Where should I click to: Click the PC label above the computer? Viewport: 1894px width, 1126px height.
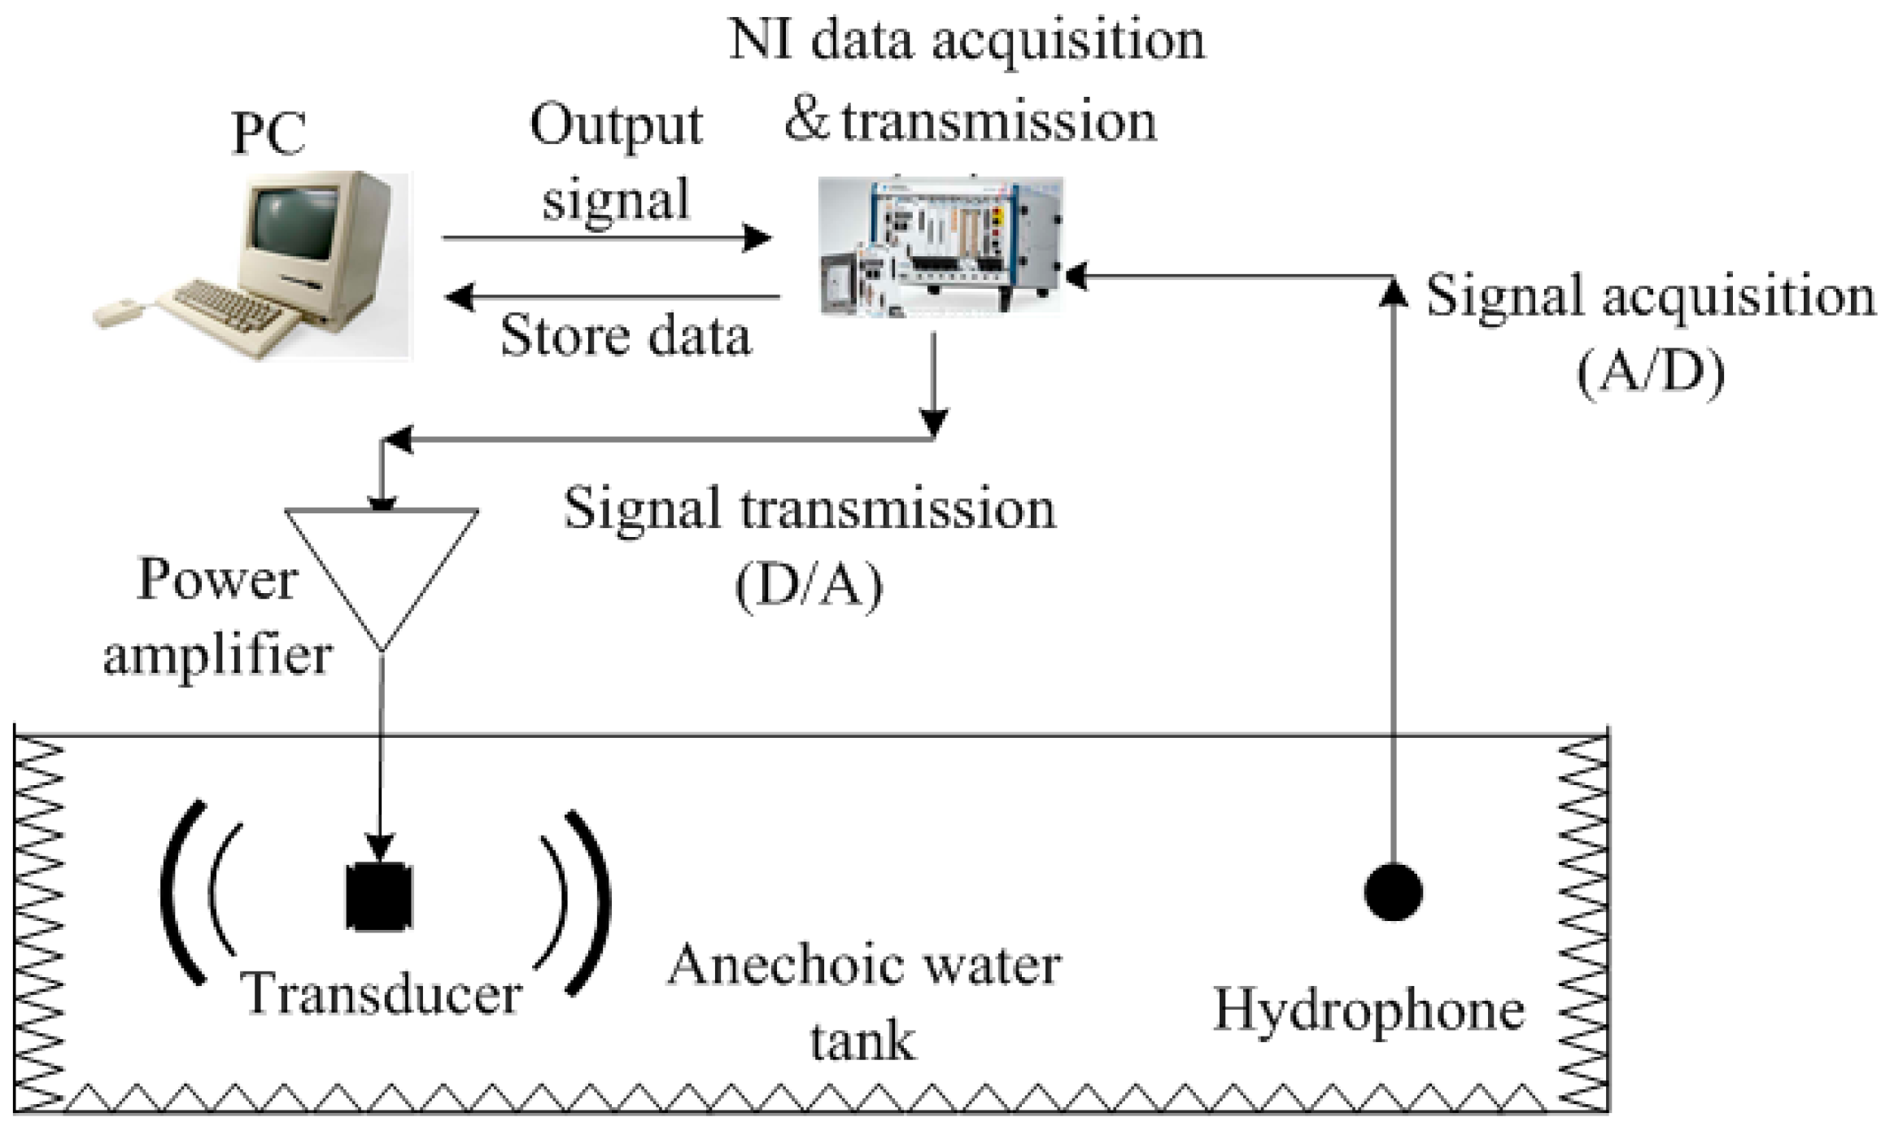(x=268, y=133)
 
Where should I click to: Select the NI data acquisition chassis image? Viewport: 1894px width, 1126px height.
(x=940, y=244)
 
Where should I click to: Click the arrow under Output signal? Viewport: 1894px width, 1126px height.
(x=606, y=238)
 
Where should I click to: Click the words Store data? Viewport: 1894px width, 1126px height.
(x=625, y=335)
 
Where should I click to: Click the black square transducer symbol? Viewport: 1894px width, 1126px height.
(x=380, y=897)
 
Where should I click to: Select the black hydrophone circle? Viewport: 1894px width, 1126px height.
(x=1393, y=892)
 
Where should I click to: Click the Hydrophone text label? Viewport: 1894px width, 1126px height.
(x=1368, y=1012)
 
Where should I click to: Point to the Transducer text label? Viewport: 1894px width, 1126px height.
(x=381, y=994)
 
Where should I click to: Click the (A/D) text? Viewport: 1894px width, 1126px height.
(x=1650, y=373)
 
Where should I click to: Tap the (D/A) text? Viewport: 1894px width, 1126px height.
(x=809, y=586)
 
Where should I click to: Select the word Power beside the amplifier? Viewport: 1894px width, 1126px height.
(x=216, y=579)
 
